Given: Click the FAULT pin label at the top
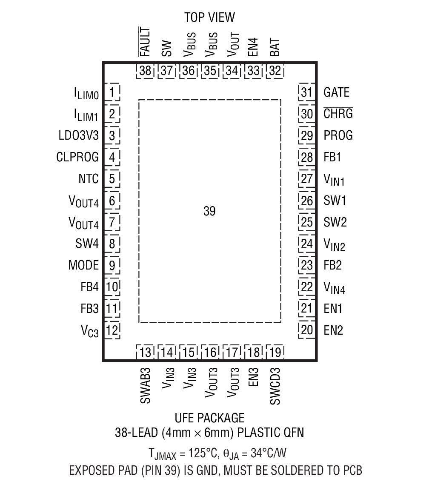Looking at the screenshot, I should pos(145,42).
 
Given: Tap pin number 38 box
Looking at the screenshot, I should pos(145,71).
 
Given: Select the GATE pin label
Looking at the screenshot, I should pos(336,92).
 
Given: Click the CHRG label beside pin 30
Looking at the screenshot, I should pos(338,114).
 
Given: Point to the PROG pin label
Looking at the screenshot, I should pos(338,135).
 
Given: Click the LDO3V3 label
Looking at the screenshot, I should pos(79,136).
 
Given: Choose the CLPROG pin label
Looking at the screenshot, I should pos(77,157).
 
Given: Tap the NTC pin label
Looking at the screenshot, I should pos(88,179).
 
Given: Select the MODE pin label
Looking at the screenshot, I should pos(83,265).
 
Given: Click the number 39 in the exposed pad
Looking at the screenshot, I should pos(209,212).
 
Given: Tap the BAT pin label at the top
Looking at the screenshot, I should pos(275,48).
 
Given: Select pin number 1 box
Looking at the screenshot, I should pos(112,92).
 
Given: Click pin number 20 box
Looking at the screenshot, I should pos(306,330).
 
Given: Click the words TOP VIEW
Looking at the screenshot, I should pos(209,17).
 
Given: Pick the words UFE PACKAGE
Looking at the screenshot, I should pos(209,418).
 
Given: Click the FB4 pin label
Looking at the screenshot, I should pos(89,287).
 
